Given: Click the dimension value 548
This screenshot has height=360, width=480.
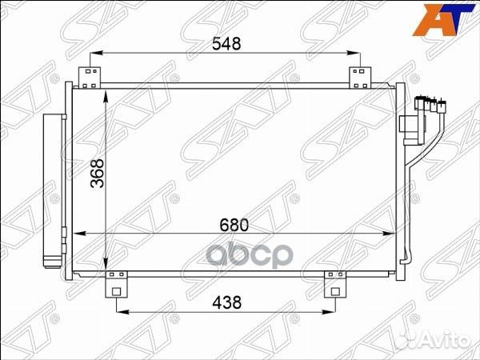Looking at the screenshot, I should (x=227, y=46).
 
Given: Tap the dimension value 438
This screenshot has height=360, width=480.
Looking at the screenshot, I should (x=226, y=302).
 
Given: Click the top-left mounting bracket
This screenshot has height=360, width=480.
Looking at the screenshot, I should (x=90, y=77).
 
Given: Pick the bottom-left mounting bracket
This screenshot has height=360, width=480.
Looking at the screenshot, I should (x=117, y=283).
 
